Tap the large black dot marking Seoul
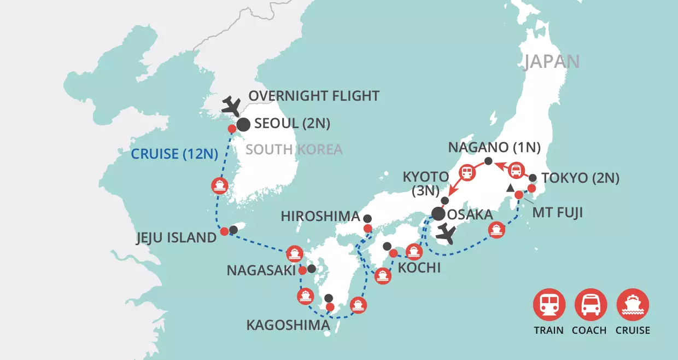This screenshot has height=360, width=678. tap(243, 124)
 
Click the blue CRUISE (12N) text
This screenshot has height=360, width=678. tap(174, 154)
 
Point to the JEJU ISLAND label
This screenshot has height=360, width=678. tap(176, 237)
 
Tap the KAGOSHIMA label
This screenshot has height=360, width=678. tap(288, 326)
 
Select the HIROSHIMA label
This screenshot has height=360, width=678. tap(320, 217)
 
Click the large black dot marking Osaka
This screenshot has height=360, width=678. tap(438, 214)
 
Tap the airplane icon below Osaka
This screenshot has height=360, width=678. tap(447, 235)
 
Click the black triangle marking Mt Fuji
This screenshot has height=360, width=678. tap(510, 188)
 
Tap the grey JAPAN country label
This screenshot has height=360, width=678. tap(552, 61)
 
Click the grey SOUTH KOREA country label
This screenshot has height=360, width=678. tap(294, 149)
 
